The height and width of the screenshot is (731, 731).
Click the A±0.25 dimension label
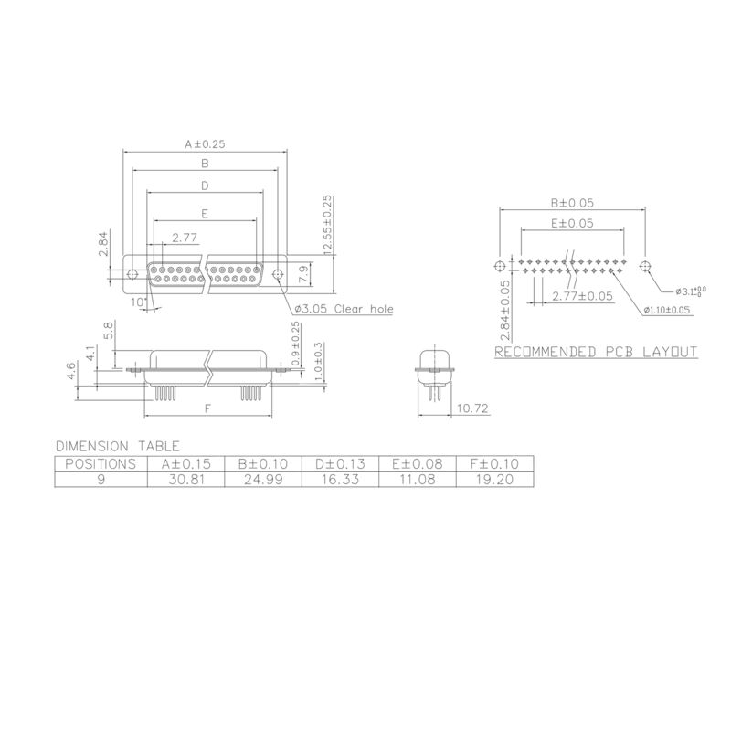(205, 144)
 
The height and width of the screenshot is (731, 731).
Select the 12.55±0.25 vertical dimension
(326, 225)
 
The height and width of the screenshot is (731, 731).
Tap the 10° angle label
(138, 302)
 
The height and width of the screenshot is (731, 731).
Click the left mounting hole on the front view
(132, 273)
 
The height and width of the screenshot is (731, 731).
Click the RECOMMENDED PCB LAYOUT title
(596, 352)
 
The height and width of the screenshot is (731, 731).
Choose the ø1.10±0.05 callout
(666, 311)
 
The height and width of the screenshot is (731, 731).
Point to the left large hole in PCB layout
(499, 266)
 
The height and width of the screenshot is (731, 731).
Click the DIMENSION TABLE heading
(117, 446)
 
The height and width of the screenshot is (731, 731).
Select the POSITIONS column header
(101, 463)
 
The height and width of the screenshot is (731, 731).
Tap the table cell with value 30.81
(185, 479)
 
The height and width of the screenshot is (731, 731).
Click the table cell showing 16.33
(340, 479)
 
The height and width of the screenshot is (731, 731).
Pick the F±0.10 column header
(493, 463)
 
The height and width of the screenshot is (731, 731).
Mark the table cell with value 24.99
(263, 479)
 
